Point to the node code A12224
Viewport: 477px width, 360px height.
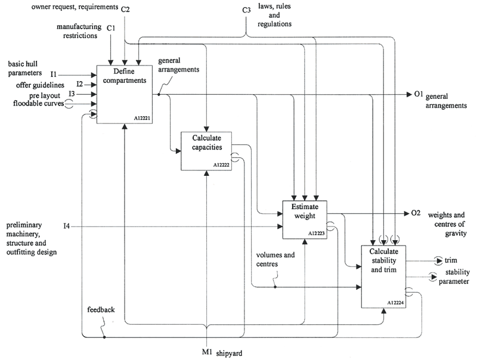point(395,303)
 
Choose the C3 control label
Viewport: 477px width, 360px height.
point(247,11)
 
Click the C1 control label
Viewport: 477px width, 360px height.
point(111,27)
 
